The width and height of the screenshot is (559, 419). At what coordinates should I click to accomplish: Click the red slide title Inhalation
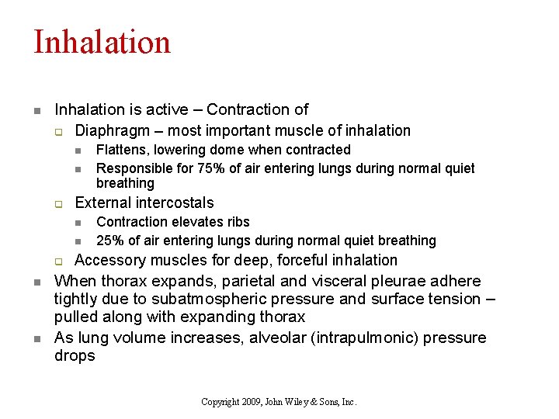[x=102, y=42]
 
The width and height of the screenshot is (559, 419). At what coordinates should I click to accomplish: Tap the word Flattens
[x=120, y=150]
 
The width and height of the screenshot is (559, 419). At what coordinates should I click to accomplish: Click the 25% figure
[x=109, y=241]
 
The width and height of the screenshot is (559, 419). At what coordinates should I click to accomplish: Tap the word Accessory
[x=109, y=260]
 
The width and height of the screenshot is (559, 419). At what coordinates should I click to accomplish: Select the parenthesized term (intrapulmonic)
[x=373, y=338]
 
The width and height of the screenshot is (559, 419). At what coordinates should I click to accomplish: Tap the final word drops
[x=75, y=356]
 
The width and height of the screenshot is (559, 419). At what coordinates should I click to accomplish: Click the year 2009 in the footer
[x=251, y=402]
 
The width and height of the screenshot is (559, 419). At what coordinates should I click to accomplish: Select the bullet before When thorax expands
[x=36, y=281]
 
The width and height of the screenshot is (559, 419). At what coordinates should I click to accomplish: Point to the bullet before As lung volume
[x=36, y=338]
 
